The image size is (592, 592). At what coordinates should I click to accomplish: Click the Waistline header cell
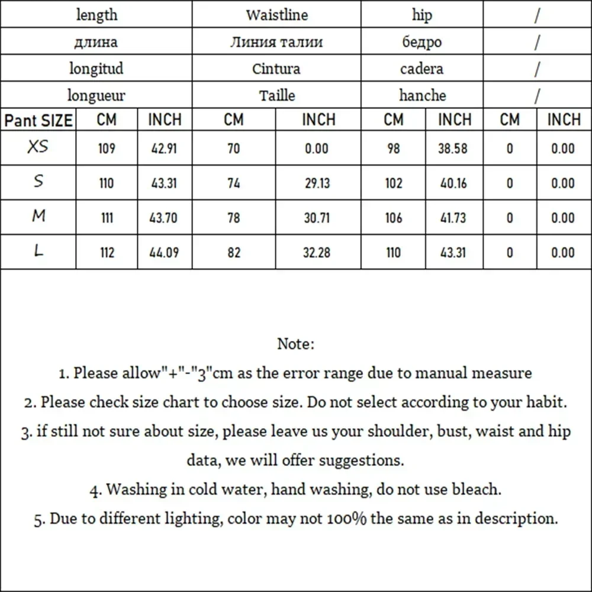[x=276, y=15]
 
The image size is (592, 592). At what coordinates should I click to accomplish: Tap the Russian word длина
[x=96, y=42]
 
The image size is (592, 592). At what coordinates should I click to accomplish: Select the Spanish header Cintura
[x=276, y=69]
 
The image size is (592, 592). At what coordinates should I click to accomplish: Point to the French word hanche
[x=422, y=95]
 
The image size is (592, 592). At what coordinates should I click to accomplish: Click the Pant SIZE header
[x=38, y=121]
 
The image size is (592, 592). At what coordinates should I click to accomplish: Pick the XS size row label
[x=38, y=147]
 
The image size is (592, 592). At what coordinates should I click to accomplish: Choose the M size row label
[x=38, y=216]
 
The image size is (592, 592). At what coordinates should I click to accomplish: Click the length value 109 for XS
[x=107, y=149]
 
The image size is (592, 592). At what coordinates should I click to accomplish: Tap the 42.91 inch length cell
[x=164, y=149]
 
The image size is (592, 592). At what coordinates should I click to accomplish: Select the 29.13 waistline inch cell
[x=317, y=184]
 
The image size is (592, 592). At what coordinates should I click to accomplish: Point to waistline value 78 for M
[x=234, y=218]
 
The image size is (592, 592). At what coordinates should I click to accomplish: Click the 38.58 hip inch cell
[x=453, y=149]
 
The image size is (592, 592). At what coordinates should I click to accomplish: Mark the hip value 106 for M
[x=393, y=218]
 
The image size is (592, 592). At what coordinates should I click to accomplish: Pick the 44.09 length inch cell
[x=164, y=253]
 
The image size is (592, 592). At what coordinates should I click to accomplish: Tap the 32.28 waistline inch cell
[x=317, y=253]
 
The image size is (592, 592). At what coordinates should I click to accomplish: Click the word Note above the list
[x=295, y=343]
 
